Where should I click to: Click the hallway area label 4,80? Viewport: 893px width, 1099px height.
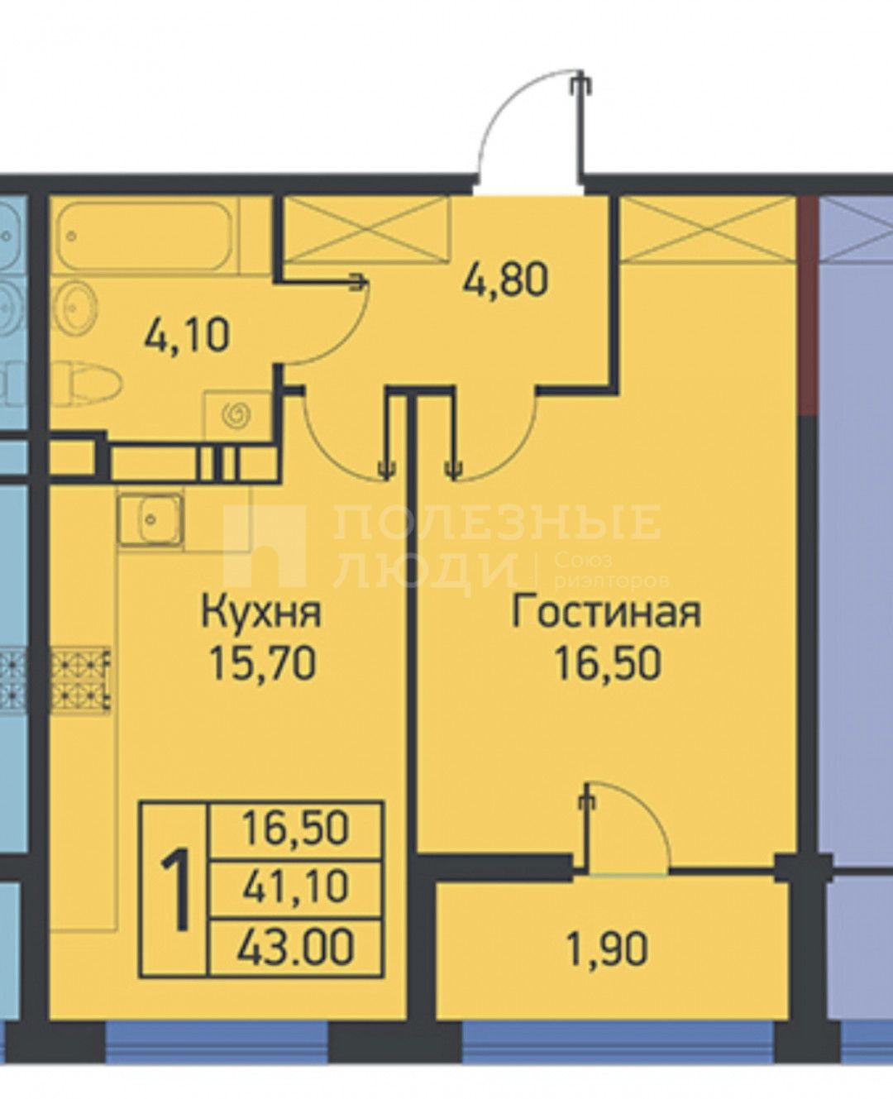click(x=505, y=282)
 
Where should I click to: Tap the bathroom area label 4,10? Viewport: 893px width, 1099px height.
click(x=186, y=336)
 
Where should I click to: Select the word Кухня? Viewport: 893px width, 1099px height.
click(x=260, y=613)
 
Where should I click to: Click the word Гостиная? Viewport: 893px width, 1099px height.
click(x=605, y=613)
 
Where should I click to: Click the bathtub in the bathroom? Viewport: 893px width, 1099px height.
click(x=148, y=236)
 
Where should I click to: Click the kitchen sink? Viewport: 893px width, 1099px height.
click(x=150, y=518)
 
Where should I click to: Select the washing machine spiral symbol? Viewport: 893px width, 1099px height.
click(x=238, y=413)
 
